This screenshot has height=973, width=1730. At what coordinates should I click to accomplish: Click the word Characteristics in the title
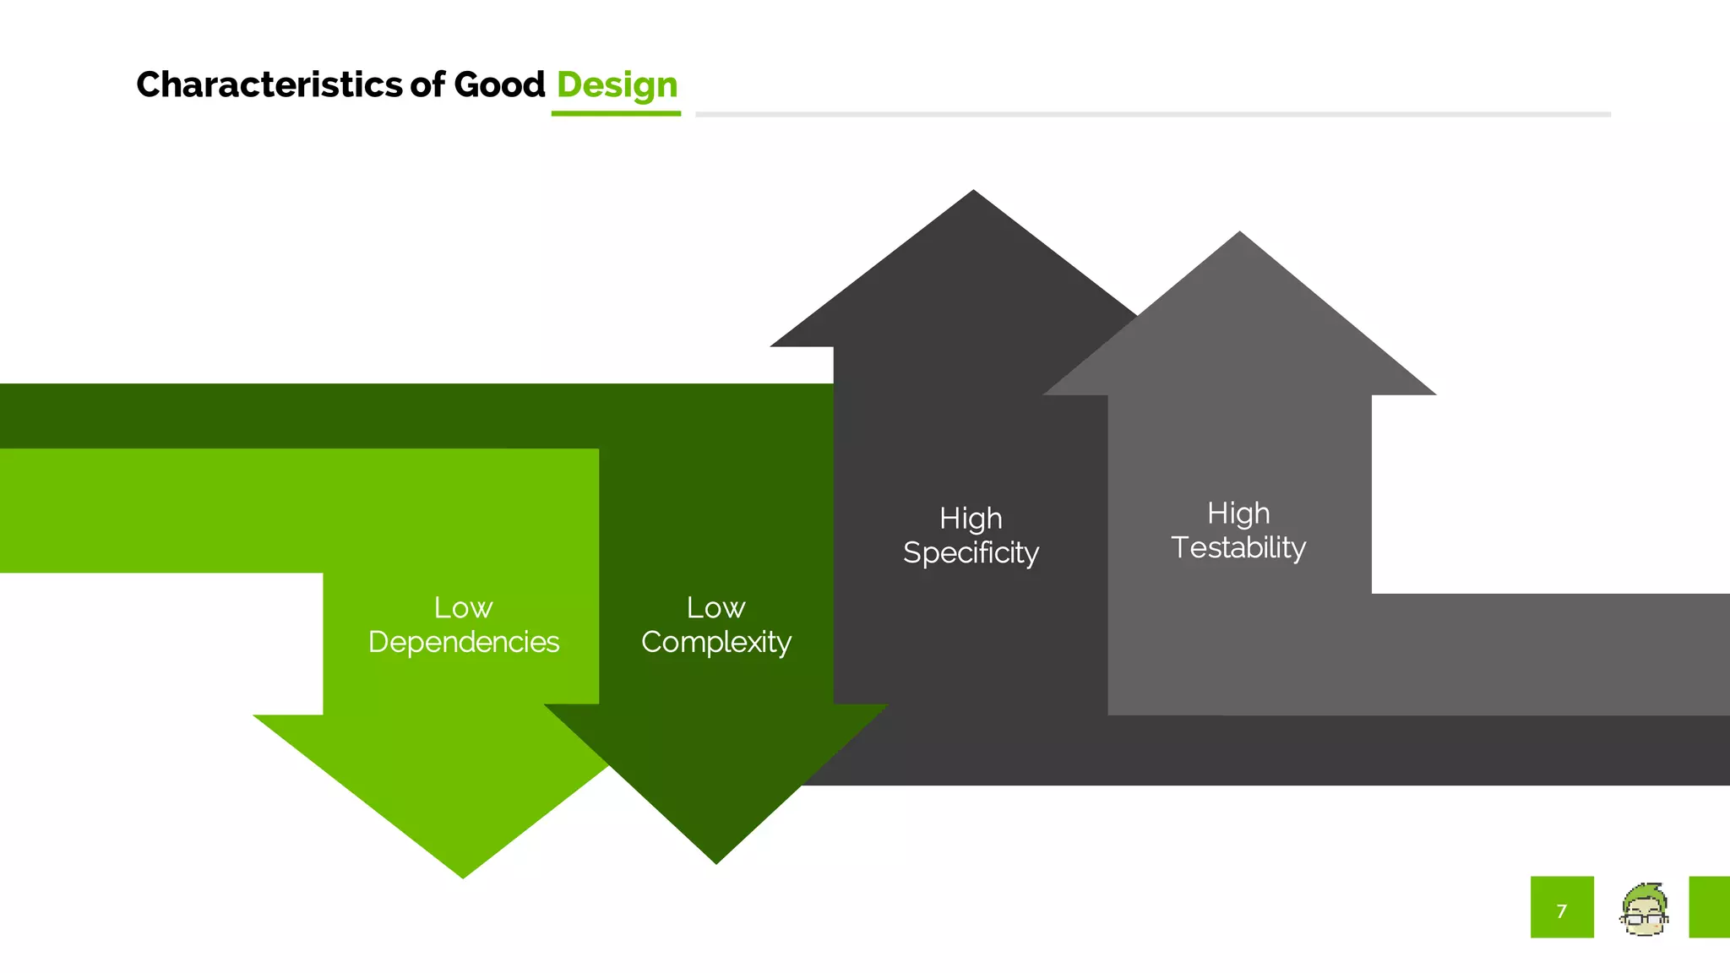pos(269,84)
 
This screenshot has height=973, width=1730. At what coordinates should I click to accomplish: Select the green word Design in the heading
pos(617,85)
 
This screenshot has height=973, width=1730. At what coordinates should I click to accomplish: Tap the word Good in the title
pos(499,84)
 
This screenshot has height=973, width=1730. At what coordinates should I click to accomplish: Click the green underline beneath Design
pos(616,113)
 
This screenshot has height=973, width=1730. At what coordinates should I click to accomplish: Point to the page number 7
pos(1561,910)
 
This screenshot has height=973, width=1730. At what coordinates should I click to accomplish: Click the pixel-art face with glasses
pos(1643,910)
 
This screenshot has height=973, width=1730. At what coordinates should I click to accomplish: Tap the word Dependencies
pos(464,642)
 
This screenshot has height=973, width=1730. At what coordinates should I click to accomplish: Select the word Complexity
pos(715,642)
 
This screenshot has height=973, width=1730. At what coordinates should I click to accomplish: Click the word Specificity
pos(971,552)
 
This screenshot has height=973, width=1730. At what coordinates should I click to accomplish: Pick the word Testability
pos(1238,547)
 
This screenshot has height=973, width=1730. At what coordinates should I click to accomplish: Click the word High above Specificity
pos(971,518)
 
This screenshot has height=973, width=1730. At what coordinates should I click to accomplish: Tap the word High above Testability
pos(1238,513)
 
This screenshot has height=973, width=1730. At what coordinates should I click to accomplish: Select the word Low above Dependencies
pos(463,607)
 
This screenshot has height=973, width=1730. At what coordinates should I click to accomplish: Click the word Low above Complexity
pos(715,607)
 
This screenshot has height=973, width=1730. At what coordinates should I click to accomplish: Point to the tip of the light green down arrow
pos(463,875)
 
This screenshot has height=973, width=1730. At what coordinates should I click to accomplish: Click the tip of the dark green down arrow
pos(715,861)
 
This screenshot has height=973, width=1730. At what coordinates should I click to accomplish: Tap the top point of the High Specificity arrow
pos(973,193)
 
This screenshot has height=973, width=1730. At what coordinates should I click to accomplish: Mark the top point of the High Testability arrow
pos(1239,235)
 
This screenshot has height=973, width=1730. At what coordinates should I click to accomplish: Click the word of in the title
pos(427,84)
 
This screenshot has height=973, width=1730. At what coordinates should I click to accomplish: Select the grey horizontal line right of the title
pos(1153,114)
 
